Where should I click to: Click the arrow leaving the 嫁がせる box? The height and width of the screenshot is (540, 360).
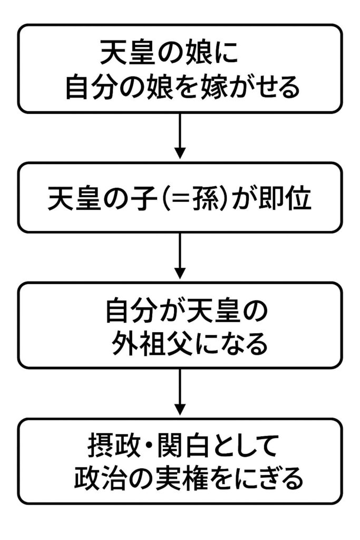pos(180,136)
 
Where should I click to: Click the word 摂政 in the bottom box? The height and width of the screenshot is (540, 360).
pos(110,447)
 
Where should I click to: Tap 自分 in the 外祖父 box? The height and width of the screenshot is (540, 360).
pos(126,312)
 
